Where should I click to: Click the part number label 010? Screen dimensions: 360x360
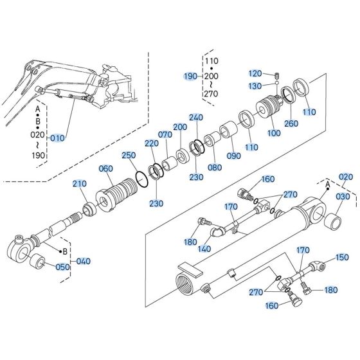(58, 137)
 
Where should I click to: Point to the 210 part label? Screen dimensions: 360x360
(79, 184)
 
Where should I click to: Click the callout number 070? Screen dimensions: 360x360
(165, 135)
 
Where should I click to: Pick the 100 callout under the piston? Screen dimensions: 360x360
(274, 132)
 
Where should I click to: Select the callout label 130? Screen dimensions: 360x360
(255, 85)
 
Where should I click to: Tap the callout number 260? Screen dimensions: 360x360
(292, 123)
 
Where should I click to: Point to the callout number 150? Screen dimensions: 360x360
(343, 257)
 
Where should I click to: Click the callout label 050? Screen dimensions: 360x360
(62, 267)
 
